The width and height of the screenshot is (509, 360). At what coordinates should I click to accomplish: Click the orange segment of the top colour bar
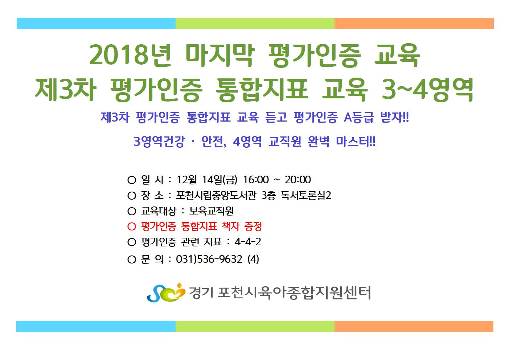tap(414, 24)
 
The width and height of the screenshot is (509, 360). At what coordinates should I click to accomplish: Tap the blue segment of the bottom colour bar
tap(96, 326)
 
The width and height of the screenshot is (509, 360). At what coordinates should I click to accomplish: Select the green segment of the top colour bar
tap(255, 24)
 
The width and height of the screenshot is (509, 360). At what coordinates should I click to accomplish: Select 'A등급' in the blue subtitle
tap(358, 117)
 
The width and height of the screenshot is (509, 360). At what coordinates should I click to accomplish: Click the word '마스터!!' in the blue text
tap(356, 142)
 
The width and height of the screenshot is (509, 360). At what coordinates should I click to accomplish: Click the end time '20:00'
tap(298, 180)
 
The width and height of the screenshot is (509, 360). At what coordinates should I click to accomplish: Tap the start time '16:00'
tap(256, 180)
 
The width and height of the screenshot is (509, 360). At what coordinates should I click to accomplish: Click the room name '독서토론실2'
tap(306, 196)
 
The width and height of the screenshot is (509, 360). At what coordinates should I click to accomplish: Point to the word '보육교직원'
tap(212, 211)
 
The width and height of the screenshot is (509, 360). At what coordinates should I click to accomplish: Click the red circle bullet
tap(132, 227)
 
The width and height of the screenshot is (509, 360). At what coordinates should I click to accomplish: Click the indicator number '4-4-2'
tap(248, 242)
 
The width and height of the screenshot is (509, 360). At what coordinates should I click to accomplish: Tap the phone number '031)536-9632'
tap(209, 259)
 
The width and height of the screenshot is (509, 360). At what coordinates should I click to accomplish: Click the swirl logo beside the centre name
tap(166, 293)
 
